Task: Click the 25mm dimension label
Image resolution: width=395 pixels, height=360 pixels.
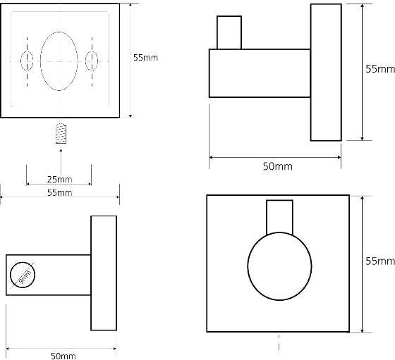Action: pos(60,180)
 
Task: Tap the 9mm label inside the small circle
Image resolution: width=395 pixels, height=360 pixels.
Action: pos(25,277)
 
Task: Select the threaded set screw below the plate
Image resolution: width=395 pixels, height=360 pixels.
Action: pos(61,134)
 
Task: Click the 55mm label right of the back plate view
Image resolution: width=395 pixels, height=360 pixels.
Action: pos(145,58)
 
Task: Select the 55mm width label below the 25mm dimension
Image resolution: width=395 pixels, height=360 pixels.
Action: pos(60,193)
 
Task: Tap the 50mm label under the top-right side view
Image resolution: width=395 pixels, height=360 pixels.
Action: pos(278,166)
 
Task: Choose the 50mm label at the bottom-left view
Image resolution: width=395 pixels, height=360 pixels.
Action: pos(63,356)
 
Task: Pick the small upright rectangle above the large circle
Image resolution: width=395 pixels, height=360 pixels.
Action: pos(279,218)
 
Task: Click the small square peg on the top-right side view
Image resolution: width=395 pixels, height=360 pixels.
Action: pos(229,32)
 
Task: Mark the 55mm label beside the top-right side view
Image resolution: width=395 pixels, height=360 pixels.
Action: pos(380,69)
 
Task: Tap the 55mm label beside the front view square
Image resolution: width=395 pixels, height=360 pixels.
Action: pos(380,261)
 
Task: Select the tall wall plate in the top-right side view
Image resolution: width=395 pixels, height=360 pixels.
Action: pos(326,72)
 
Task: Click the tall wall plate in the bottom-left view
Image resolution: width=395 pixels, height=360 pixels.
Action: pos(104,273)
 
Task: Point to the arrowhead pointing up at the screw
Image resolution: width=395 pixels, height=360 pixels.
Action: pos(61,151)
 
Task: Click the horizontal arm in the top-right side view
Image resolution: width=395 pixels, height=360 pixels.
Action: pos(260,73)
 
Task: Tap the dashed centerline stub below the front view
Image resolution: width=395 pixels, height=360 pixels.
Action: pos(279,342)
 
